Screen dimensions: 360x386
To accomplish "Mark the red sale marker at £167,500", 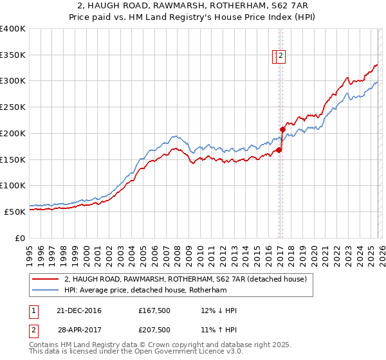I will tap(279, 150).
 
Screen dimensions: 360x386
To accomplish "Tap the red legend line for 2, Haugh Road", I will tap(46, 279).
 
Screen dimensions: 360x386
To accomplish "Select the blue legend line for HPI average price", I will tap(46, 290).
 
